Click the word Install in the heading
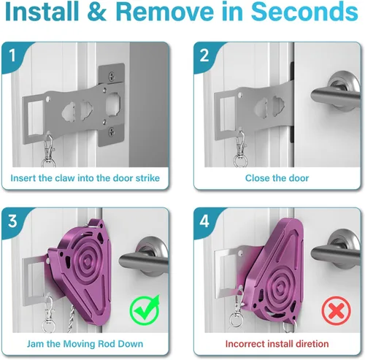click(x=42, y=11)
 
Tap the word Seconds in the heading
click(x=304, y=11)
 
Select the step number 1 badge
click(x=12, y=55)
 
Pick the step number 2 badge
click(x=204, y=55)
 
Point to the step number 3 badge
click(x=12, y=221)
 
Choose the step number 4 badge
click(x=204, y=221)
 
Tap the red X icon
click(x=337, y=311)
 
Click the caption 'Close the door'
click(x=277, y=178)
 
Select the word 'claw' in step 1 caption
click(x=65, y=178)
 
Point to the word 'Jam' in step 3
click(x=36, y=344)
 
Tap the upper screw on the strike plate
click(x=112, y=77)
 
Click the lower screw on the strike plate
click(x=112, y=132)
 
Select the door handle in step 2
click(x=336, y=93)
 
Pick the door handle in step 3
click(x=144, y=258)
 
